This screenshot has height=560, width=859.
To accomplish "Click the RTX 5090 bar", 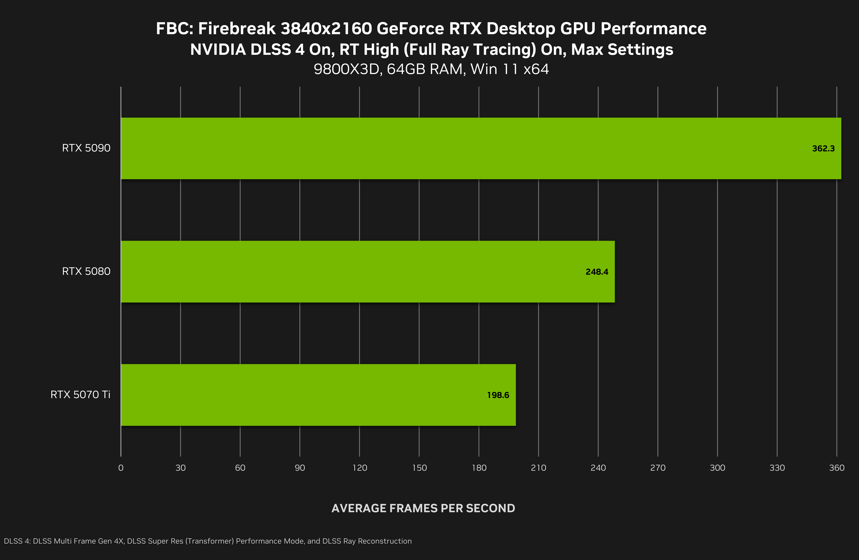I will coord(481,148).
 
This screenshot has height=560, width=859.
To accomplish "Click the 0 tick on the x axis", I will coord(121,468).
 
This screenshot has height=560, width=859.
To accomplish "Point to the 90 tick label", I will coord(300,468).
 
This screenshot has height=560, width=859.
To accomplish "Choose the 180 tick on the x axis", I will coord(479,468).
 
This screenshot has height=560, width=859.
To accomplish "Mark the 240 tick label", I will coord(598,468).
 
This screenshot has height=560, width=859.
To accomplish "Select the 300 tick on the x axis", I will coord(717,468).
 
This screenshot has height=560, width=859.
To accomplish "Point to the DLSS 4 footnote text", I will coord(207,541).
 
